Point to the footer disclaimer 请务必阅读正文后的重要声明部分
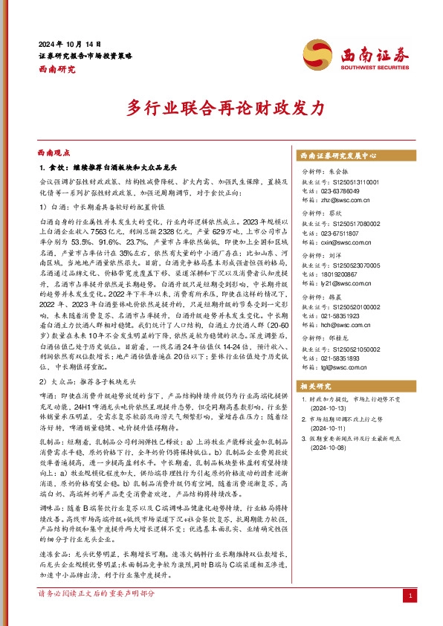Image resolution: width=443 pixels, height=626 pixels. (97, 615)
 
